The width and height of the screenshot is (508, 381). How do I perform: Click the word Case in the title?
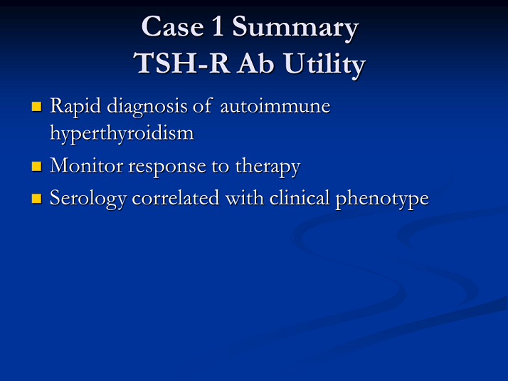click(x=173, y=26)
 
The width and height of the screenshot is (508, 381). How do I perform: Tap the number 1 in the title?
click(x=218, y=26)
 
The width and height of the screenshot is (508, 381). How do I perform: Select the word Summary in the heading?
click(x=295, y=28)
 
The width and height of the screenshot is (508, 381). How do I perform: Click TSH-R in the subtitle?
click(x=181, y=63)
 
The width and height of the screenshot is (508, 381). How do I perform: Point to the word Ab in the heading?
click(x=255, y=63)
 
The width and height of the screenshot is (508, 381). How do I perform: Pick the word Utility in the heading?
click(x=324, y=65)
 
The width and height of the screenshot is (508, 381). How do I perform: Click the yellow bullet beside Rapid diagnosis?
click(x=36, y=107)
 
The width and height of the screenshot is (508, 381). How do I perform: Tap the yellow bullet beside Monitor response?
click(x=36, y=166)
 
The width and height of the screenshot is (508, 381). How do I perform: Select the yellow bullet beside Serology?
click(x=36, y=199)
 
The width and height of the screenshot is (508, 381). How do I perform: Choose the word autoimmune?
click(x=275, y=106)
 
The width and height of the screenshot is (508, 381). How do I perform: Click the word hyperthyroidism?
click(x=122, y=134)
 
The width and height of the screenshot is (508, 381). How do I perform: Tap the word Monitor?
click(x=86, y=166)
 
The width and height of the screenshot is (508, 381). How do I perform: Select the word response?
click(x=167, y=167)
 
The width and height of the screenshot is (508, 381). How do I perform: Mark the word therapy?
click(x=268, y=167)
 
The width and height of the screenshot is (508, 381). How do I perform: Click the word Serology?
click(x=88, y=199)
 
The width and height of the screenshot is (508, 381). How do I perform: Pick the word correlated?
click(x=176, y=198)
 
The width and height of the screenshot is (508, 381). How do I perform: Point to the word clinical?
click(x=300, y=198)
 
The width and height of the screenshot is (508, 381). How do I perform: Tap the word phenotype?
click(x=382, y=199)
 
